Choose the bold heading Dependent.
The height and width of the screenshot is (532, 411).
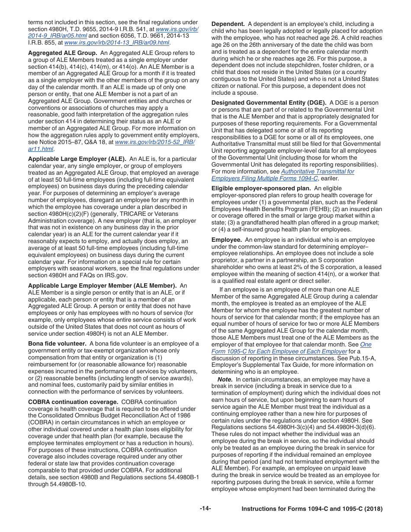pos(228,24)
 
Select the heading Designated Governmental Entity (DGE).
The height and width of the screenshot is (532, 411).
pos(269,103)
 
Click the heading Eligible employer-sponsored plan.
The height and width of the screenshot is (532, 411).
pos(261,188)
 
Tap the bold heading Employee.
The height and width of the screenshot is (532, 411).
pos(226,240)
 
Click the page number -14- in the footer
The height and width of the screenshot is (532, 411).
pos(205,509)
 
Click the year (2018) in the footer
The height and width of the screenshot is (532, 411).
pos(372,509)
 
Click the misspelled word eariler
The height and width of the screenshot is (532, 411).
pos(330,178)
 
